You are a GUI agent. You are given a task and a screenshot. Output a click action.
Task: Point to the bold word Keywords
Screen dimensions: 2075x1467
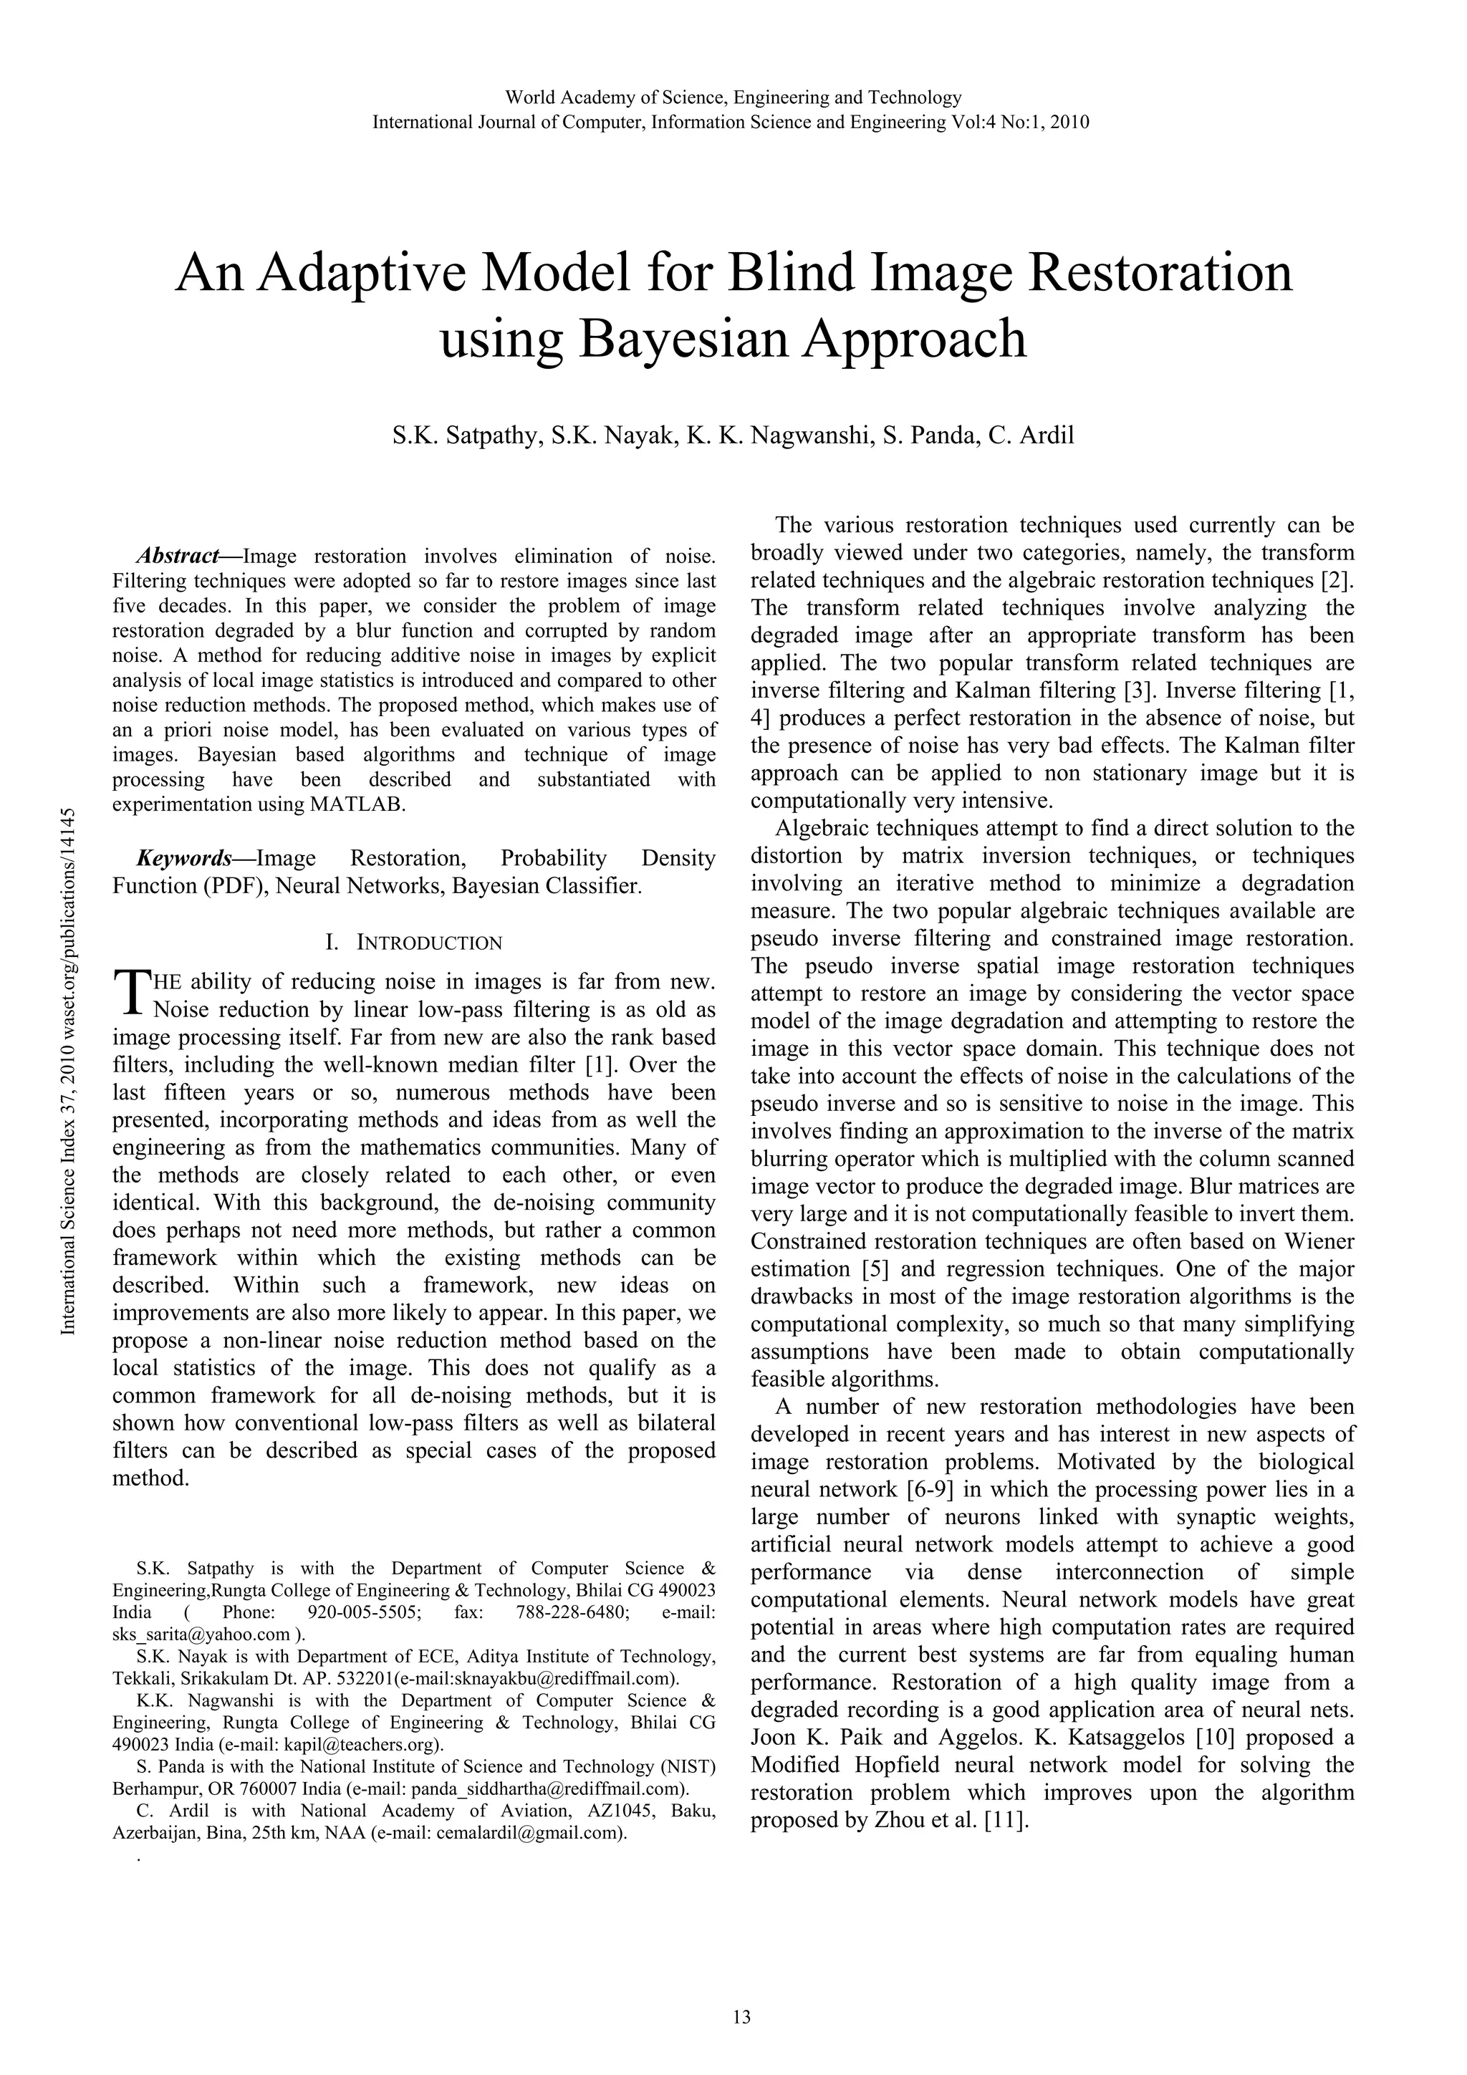[183, 857]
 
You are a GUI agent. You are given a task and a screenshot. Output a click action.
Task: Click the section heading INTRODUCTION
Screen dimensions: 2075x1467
[429, 943]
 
